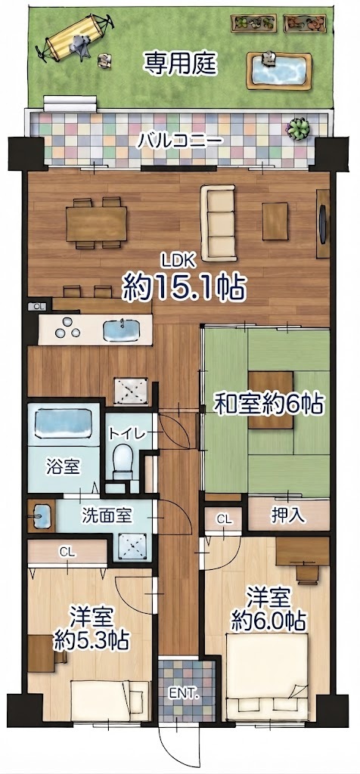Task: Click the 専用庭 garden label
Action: click(x=180, y=63)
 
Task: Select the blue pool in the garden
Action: click(x=279, y=72)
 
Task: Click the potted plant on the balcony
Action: click(x=299, y=128)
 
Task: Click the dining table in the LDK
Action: click(x=97, y=223)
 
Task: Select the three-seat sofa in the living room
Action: click(x=218, y=222)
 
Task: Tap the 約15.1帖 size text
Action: click(x=185, y=286)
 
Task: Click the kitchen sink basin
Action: click(x=121, y=331)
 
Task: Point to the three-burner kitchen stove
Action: click(x=67, y=328)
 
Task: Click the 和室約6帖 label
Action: click(x=268, y=405)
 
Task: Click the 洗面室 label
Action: click(x=106, y=516)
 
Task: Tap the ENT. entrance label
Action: click(x=183, y=695)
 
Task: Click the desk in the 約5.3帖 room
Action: click(x=41, y=653)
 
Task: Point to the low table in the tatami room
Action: click(x=271, y=400)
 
